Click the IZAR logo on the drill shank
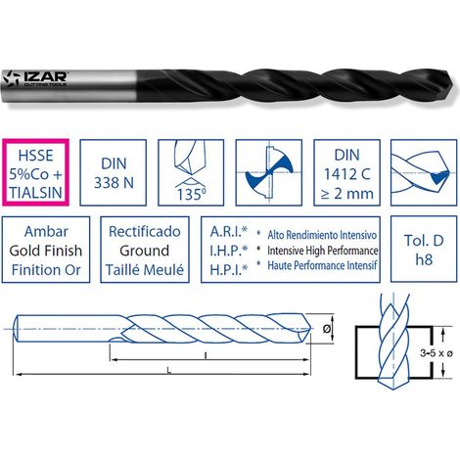pos(34,79)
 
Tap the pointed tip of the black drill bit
pos(453,81)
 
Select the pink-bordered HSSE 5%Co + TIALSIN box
pos(35,172)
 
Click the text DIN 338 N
pos(114,173)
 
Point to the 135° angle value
pos(192,195)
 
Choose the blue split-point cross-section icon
pos(269,172)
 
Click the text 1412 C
pos(346,174)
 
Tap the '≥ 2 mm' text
pos(346,194)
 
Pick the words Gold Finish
pos(46,251)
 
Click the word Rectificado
pos(145,231)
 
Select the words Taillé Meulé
pos(145,270)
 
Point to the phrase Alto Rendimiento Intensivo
pos(322,235)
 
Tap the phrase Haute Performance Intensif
pos(322,265)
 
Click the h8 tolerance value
pos(424,259)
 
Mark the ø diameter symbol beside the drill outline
pos(326,329)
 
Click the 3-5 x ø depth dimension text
pos(437,352)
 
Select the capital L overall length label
pos(168,370)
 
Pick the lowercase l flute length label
pos(206,355)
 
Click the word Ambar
pos(46,231)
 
